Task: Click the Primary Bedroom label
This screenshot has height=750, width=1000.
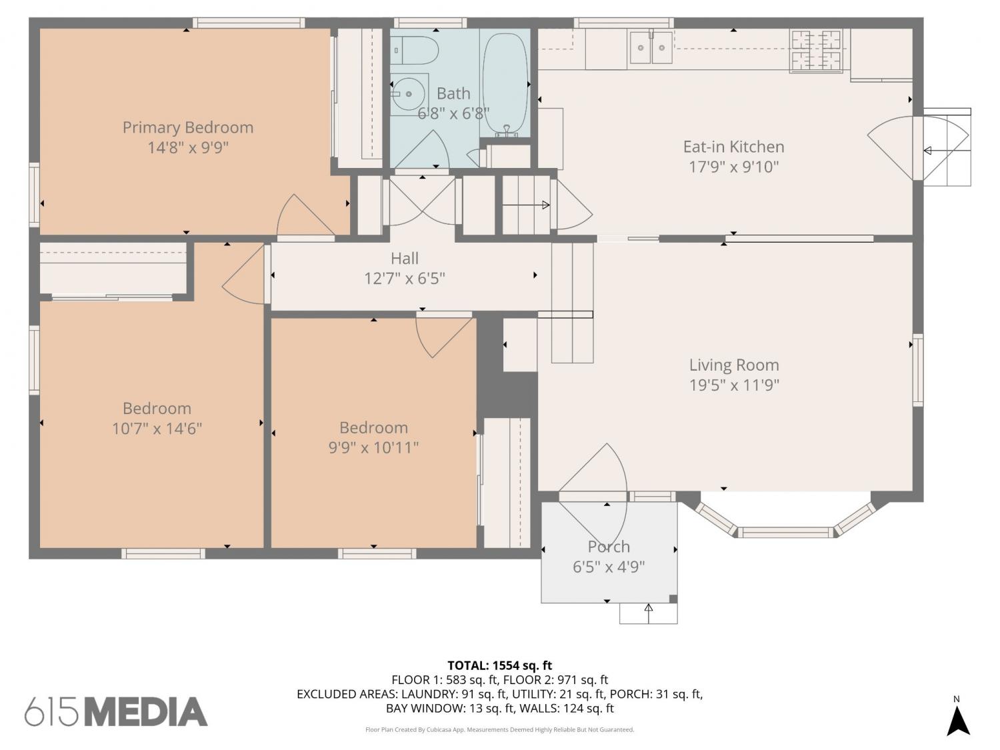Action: (x=188, y=127)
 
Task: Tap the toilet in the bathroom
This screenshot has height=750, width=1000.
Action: (x=415, y=50)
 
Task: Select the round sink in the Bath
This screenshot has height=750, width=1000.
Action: (x=408, y=94)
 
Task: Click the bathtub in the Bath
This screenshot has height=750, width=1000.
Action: (x=505, y=84)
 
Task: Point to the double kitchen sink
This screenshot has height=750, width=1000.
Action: (x=651, y=47)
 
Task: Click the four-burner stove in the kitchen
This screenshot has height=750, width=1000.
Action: (x=816, y=50)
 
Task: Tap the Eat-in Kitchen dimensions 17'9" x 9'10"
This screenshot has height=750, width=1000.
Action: (x=733, y=167)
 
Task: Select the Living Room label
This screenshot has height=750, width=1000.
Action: (x=734, y=365)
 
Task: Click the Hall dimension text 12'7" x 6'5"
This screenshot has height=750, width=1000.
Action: (x=404, y=278)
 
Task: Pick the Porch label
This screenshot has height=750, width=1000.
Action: (x=609, y=547)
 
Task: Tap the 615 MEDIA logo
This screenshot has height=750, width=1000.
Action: (x=116, y=712)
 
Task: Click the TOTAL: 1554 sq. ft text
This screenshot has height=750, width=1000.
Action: (x=500, y=666)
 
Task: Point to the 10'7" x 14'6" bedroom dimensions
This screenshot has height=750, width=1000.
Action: (x=157, y=429)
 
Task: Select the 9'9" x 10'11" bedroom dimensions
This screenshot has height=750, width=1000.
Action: (x=373, y=447)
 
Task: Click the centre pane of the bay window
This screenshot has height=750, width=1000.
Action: (x=785, y=532)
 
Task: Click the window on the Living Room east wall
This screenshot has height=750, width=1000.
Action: (x=917, y=370)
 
